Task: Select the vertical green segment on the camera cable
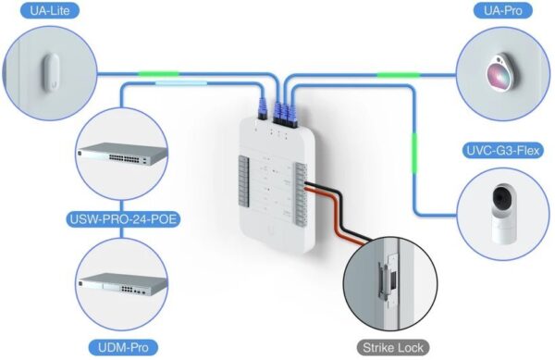point(414,148)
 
